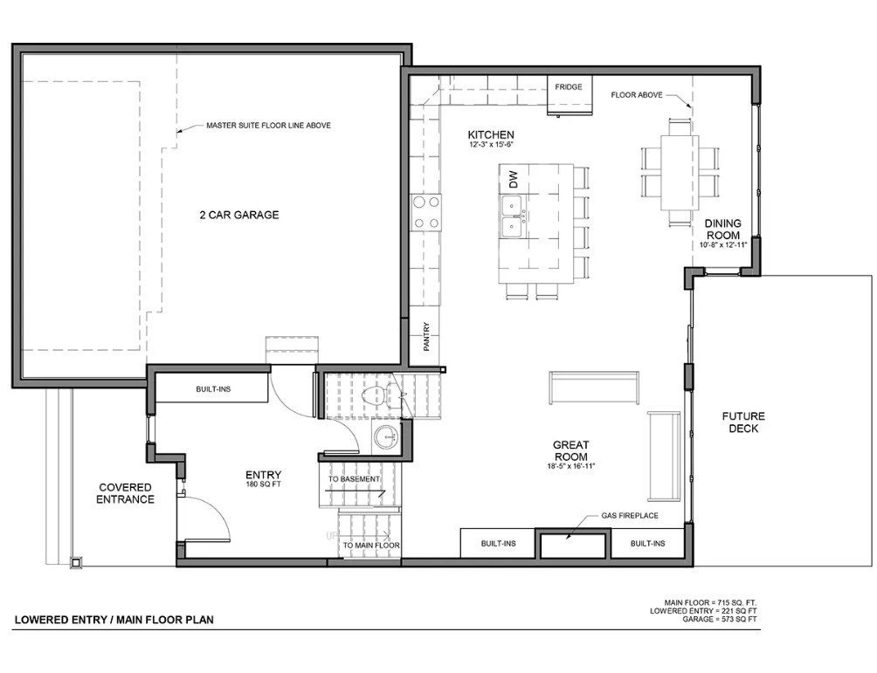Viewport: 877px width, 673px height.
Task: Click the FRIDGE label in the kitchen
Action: (x=569, y=86)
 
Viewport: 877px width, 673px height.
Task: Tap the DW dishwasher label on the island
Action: (x=514, y=179)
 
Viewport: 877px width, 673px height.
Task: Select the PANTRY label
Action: (x=426, y=337)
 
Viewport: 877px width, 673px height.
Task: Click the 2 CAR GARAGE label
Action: (x=238, y=215)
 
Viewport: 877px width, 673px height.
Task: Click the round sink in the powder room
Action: (x=386, y=436)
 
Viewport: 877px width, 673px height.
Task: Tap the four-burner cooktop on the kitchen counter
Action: (x=425, y=212)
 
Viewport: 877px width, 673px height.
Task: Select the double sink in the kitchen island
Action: (x=513, y=216)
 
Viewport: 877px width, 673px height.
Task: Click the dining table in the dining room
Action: (x=679, y=172)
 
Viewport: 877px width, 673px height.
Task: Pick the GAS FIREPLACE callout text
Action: (x=630, y=515)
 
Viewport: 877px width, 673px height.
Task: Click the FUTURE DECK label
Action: (x=743, y=422)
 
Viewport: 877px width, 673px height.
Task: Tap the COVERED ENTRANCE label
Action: (x=125, y=493)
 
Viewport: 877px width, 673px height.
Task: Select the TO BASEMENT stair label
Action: (x=354, y=479)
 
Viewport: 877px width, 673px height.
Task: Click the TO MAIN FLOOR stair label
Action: (x=371, y=545)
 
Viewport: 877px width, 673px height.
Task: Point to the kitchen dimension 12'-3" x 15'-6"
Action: (x=491, y=145)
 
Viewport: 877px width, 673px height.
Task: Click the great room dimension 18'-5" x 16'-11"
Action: (x=571, y=466)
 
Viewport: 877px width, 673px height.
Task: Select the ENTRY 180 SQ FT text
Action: (x=264, y=479)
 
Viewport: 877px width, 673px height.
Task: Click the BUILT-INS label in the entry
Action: (x=213, y=389)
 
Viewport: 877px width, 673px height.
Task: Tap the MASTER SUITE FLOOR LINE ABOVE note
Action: (x=268, y=125)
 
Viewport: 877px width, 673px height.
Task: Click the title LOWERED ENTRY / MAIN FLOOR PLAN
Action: (x=114, y=620)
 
